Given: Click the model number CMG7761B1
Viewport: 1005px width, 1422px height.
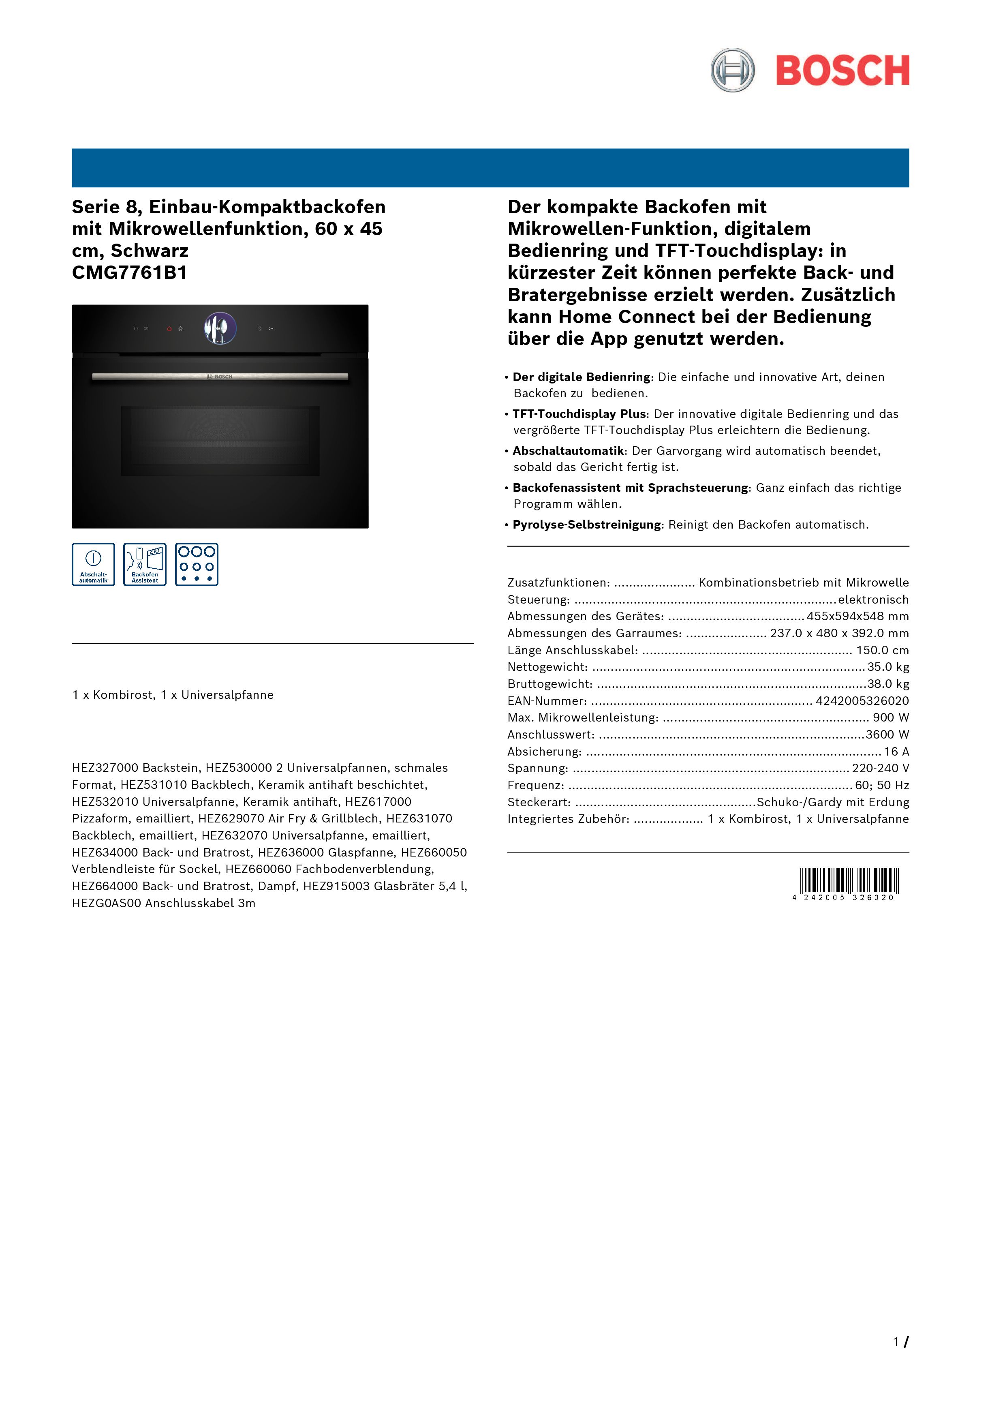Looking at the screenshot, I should (x=129, y=272).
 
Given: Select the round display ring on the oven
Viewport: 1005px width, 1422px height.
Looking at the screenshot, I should (x=220, y=328).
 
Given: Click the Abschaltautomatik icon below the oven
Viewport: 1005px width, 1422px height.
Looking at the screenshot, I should (x=94, y=564).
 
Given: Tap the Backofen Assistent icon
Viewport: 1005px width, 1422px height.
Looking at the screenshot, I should (x=145, y=564).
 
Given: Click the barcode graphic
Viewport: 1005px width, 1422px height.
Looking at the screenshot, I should (x=849, y=881).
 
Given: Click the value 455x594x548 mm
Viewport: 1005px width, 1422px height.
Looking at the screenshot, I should (x=857, y=616).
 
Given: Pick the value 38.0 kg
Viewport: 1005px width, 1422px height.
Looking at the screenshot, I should (x=888, y=684).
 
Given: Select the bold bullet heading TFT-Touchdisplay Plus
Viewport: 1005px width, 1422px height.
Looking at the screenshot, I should (x=579, y=414).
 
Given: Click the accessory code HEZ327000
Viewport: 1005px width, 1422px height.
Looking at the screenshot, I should (x=105, y=768).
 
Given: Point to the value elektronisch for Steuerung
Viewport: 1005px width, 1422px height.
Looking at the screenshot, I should (x=873, y=600).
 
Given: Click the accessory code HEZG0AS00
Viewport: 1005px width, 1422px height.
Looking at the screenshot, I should (x=107, y=903).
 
